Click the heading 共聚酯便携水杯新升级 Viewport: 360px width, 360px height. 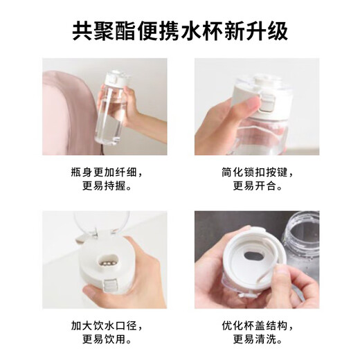pos(180,31)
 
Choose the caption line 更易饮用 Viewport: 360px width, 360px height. pos(104,340)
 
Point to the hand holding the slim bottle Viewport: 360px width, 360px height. pos(142,111)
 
